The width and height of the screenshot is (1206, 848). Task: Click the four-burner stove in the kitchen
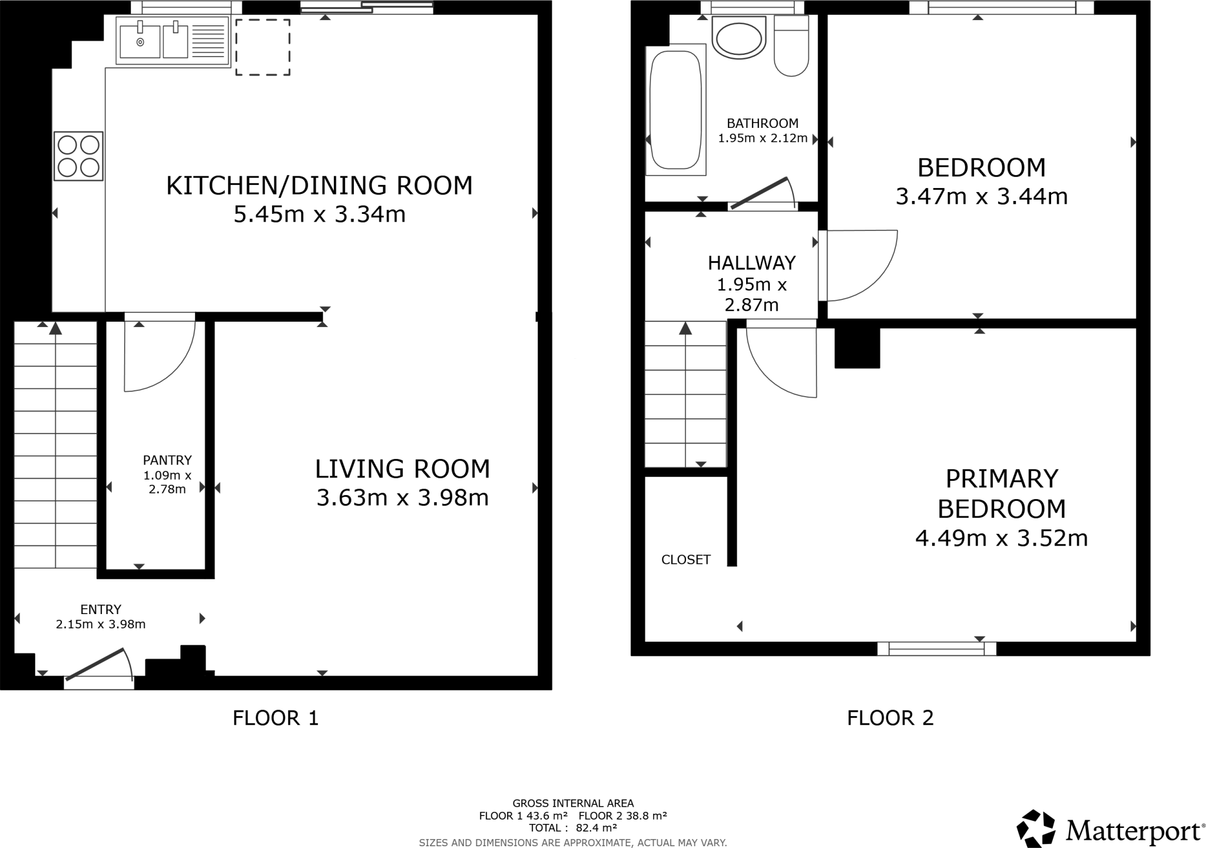pos(78,156)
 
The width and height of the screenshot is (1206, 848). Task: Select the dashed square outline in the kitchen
pos(263,47)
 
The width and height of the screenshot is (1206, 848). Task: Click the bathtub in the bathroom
pos(675,110)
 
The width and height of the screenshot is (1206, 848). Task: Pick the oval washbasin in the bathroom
pos(739,38)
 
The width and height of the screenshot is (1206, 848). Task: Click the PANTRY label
pos(167,460)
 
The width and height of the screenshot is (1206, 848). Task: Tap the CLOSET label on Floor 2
pos(686,560)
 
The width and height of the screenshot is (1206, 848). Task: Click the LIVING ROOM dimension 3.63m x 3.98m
pos(403,498)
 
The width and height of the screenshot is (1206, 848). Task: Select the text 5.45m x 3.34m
pos(320,215)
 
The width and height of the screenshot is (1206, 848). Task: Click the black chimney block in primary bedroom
pos(857,348)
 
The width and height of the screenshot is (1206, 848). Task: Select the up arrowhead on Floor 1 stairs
pos(55,328)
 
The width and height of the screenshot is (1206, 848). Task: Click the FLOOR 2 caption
pos(890,718)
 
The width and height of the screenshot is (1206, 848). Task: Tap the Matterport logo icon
pos(1036,828)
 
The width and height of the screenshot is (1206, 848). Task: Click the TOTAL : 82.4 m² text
pos(572,828)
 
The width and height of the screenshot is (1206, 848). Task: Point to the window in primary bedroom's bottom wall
pos(936,649)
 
